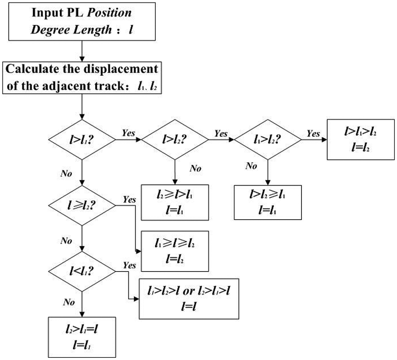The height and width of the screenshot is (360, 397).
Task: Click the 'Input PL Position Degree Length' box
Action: [82, 21]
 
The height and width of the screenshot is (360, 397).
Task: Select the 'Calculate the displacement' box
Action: [82, 78]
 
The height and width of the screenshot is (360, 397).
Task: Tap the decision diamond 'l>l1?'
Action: [82, 139]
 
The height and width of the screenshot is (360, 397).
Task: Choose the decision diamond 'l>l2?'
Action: [175, 139]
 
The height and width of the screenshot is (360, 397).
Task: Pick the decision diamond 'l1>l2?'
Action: [268, 139]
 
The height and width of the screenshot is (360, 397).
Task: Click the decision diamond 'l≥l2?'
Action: [82, 205]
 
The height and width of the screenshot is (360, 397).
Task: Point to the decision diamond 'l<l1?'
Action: [82, 272]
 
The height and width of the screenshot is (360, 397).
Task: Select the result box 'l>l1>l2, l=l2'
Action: [361, 139]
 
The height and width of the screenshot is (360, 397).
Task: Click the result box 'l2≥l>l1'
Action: [175, 202]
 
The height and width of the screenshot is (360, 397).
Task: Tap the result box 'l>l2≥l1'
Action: [268, 202]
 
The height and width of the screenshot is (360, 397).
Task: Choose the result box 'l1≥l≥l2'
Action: [175, 251]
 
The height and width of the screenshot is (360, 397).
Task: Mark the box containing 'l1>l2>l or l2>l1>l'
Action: [189, 299]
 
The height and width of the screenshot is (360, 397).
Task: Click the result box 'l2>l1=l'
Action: [82, 337]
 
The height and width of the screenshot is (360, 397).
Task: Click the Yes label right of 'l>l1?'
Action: [129, 133]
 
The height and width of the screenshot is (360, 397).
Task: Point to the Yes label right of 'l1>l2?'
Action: [313, 133]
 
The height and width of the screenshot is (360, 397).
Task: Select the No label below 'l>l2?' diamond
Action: [196, 168]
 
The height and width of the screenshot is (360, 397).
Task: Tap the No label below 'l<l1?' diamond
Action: [69, 302]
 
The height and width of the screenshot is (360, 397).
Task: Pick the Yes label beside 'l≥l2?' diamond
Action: [130, 200]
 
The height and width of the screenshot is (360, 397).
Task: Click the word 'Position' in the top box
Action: [110, 13]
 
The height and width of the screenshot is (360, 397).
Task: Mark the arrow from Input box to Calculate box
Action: [82, 51]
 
